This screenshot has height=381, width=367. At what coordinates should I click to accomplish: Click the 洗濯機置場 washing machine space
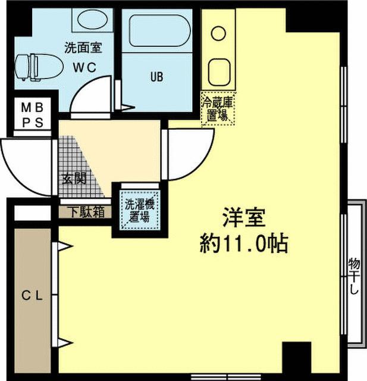(x=140, y=209)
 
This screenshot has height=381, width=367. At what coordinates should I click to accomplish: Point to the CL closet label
(x=32, y=295)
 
